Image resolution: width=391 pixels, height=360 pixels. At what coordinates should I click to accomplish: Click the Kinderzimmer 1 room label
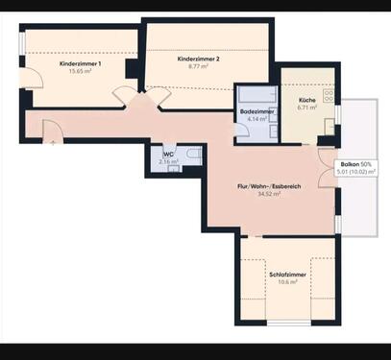(x=80, y=63)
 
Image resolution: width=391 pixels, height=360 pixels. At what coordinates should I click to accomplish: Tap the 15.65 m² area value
(x=80, y=71)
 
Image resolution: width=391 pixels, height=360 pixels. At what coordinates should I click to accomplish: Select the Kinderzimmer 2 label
(x=199, y=60)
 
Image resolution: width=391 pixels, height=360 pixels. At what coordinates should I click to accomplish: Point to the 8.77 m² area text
(x=199, y=67)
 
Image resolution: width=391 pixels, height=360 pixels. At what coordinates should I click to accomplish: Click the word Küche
(x=307, y=100)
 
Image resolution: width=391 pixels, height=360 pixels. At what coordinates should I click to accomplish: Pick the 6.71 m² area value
(x=307, y=108)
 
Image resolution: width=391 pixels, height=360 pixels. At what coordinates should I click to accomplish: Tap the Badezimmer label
(x=257, y=111)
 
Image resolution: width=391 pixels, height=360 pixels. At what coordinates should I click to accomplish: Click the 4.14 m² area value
(x=257, y=119)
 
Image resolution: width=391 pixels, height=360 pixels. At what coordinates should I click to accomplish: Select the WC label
(x=168, y=155)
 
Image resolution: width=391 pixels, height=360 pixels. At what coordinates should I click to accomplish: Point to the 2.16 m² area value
(x=168, y=162)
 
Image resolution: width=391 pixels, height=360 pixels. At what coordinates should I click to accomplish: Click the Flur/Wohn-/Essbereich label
(x=270, y=186)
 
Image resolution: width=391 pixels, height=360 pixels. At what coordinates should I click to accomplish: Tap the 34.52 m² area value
(x=270, y=194)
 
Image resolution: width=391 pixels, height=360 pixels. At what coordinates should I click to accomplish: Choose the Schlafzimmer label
(x=286, y=275)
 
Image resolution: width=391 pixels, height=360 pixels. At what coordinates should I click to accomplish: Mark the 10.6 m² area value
(x=286, y=282)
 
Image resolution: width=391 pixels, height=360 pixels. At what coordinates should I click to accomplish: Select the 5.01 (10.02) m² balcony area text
(x=359, y=173)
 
